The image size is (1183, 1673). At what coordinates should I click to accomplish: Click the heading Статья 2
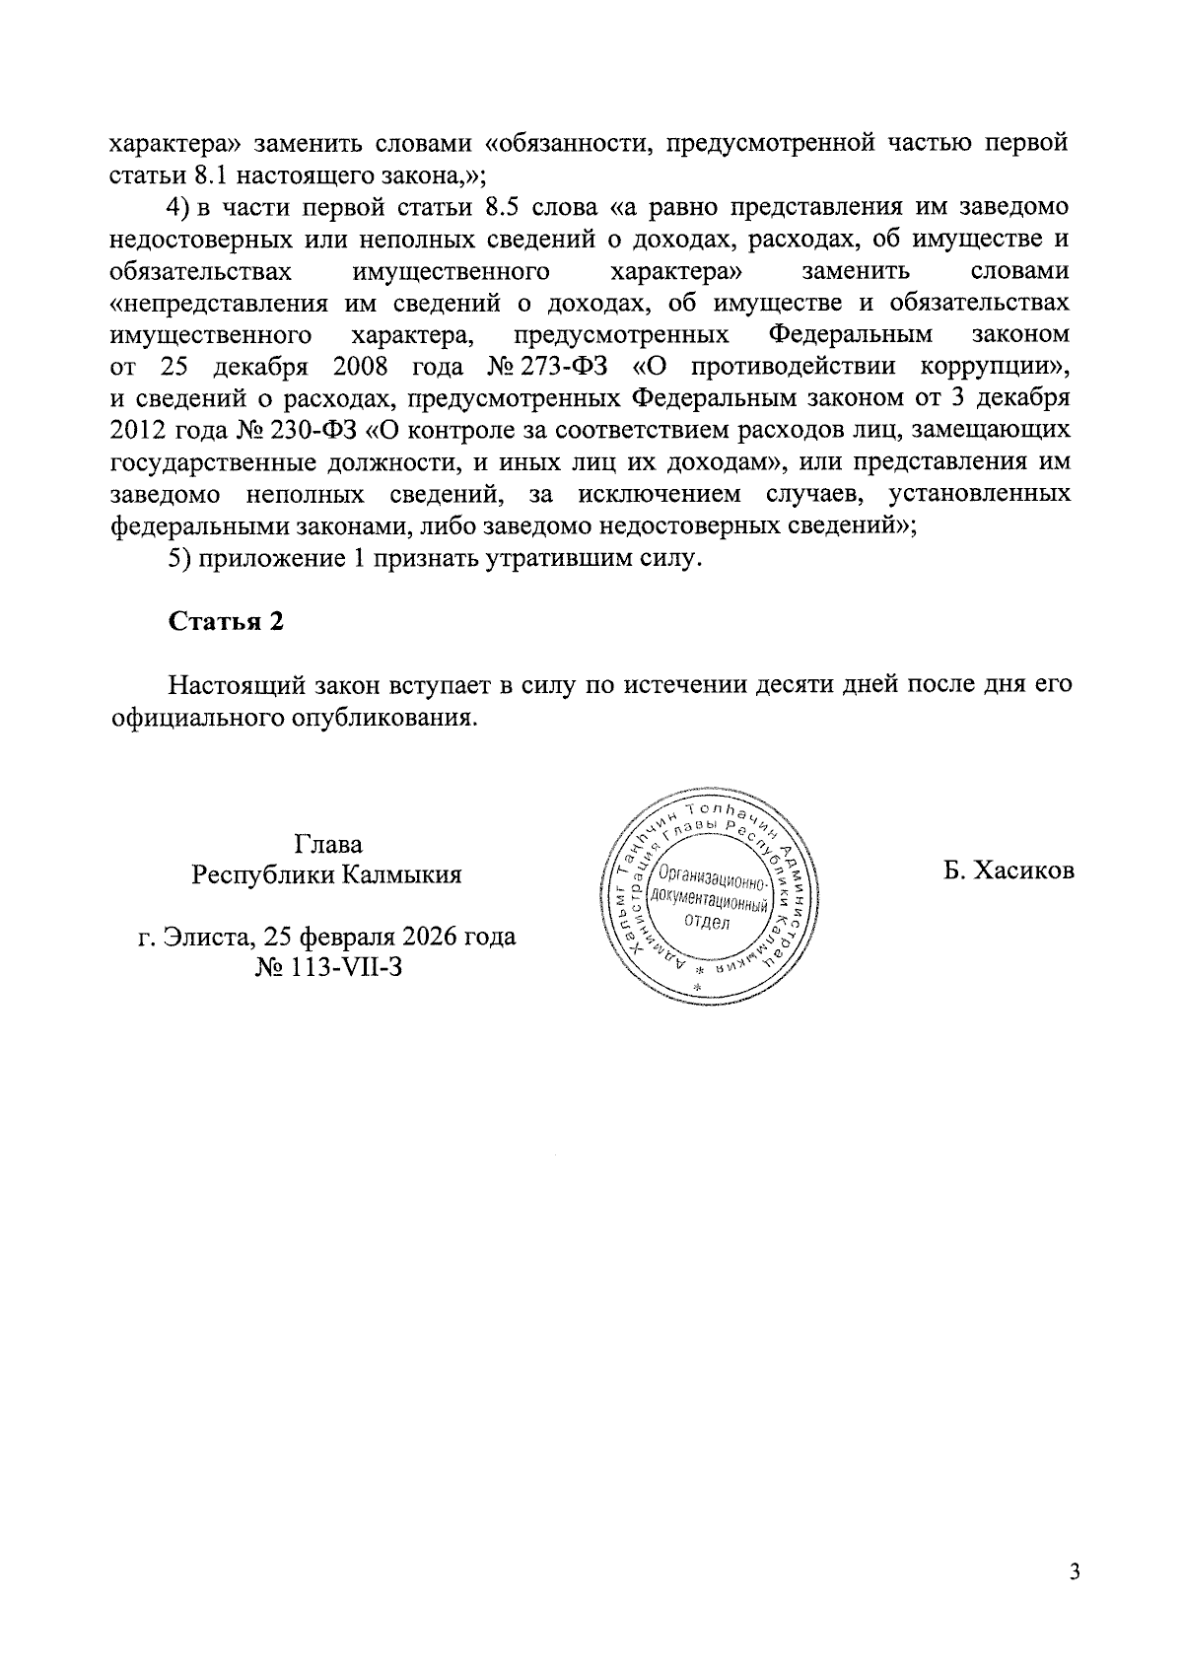[226, 621]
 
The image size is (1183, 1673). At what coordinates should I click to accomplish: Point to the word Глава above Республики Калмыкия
[327, 844]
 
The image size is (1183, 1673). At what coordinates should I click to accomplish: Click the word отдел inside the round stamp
[705, 923]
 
